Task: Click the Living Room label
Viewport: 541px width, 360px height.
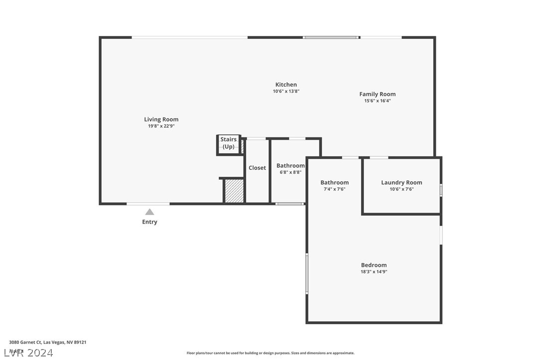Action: [x=161, y=120]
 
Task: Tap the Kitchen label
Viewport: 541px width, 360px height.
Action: [x=286, y=85]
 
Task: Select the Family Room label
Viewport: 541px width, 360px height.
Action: [x=378, y=94]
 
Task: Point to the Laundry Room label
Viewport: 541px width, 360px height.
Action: [x=401, y=183]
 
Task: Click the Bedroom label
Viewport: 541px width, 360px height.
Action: [x=374, y=265]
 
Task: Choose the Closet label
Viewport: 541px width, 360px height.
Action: [x=257, y=168]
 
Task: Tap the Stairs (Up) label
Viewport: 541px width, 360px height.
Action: [x=229, y=143]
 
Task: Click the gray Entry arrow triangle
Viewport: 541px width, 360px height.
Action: [x=149, y=212]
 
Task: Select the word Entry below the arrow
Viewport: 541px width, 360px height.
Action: [x=149, y=222]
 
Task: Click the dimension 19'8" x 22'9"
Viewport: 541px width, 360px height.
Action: [x=161, y=126]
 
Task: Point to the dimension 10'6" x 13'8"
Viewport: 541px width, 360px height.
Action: [x=286, y=92]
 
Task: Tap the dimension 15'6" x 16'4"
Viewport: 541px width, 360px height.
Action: [x=378, y=101]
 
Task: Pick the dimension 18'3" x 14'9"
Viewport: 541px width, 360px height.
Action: [x=374, y=272]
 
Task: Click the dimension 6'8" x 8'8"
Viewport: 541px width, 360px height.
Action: [x=290, y=172]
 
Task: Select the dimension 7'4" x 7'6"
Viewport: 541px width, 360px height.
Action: [x=334, y=189]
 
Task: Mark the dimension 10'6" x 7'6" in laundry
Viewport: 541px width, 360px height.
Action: [x=401, y=189]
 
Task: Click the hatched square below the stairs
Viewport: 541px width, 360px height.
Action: [x=234, y=191]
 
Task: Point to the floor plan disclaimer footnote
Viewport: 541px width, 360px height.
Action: [x=270, y=353]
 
